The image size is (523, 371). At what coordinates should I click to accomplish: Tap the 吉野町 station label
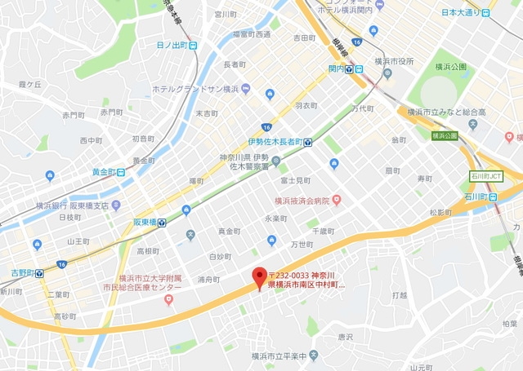(22, 273)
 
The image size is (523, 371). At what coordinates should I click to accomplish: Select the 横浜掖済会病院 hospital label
(301, 201)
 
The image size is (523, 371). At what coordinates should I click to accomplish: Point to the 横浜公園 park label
(450, 67)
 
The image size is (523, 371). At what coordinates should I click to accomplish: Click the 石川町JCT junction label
(486, 175)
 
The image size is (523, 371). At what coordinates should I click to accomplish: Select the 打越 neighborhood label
(400, 294)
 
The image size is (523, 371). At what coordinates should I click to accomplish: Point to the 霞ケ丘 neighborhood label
(29, 84)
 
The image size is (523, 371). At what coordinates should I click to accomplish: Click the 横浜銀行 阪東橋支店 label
(72, 205)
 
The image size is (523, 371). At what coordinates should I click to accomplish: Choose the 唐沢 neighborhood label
(346, 335)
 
